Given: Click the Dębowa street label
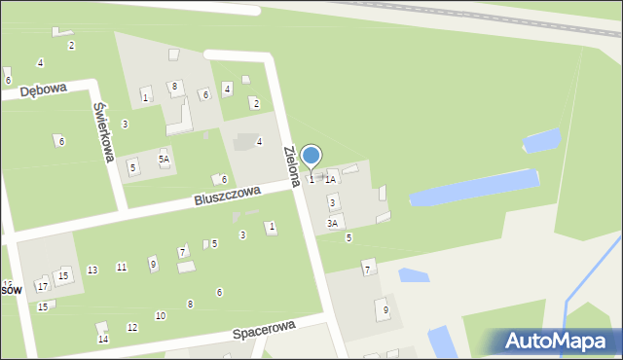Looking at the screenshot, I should click(x=43, y=90).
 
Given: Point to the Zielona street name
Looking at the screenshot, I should click(x=291, y=166).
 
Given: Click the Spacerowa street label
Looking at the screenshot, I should click(x=264, y=332).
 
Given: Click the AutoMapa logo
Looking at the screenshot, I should click(x=556, y=341).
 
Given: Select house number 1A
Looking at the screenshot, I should click(x=331, y=179).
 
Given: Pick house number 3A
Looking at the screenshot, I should click(x=333, y=223).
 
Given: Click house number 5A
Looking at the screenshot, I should click(x=165, y=159).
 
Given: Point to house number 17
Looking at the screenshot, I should click(x=42, y=286).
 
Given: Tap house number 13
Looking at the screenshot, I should click(x=92, y=270).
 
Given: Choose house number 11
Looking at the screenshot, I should click(x=122, y=267).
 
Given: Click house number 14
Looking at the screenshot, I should click(x=103, y=339).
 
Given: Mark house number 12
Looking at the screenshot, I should click(x=132, y=327).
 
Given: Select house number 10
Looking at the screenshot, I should click(x=161, y=315).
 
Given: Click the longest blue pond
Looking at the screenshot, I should click(x=474, y=188).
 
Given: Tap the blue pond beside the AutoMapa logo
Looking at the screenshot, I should click(x=440, y=341).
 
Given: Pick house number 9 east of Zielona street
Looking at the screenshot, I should click(x=385, y=310).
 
